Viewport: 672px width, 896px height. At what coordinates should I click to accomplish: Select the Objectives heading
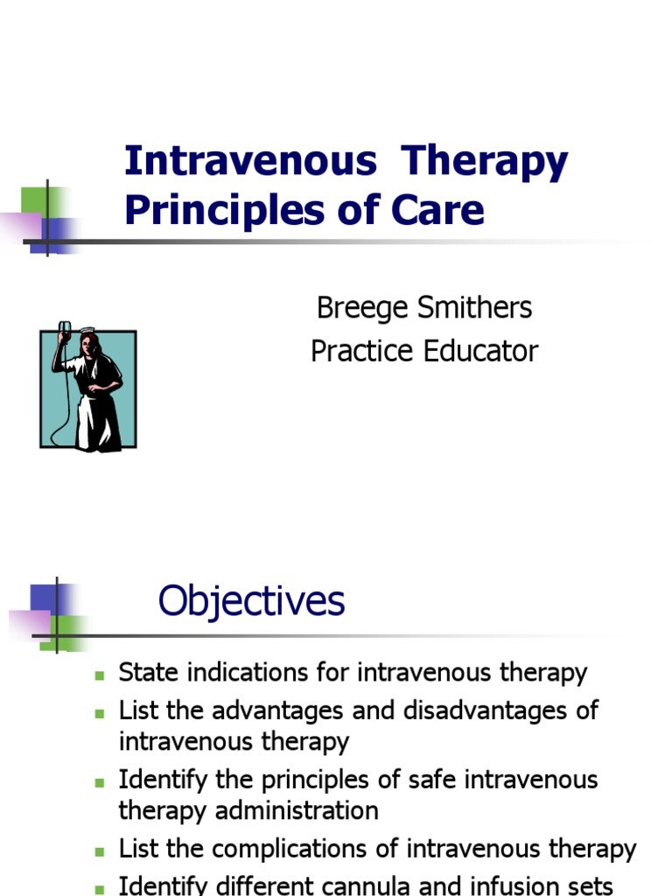click(x=251, y=602)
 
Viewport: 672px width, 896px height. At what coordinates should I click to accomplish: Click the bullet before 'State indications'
click(x=100, y=675)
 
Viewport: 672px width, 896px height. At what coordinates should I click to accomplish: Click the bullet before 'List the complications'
click(x=100, y=850)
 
